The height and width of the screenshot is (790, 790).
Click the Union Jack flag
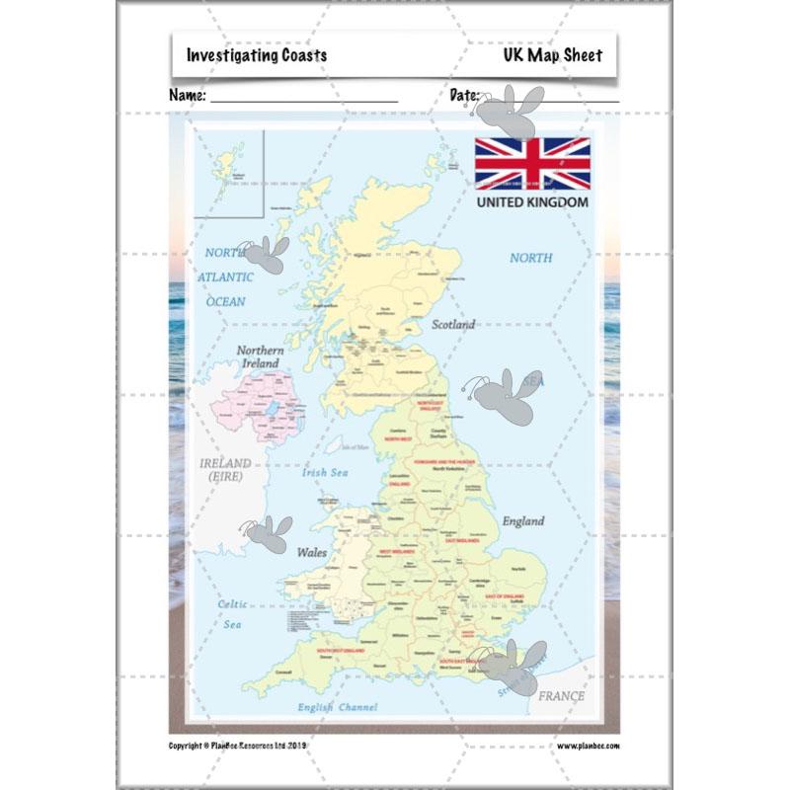pyautogui.click(x=532, y=163)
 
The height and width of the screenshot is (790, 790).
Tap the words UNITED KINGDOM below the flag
pyautogui.click(x=532, y=202)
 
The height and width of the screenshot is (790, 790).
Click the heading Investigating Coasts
pyautogui.click(x=257, y=56)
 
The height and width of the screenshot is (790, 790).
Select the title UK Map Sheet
pyautogui.click(x=551, y=56)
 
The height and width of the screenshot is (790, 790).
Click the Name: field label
pyautogui.click(x=188, y=96)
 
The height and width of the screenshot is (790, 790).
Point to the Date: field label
pyautogui.click(x=465, y=96)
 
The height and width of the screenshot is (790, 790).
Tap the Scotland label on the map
pyautogui.click(x=452, y=324)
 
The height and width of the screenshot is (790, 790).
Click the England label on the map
pyautogui.click(x=522, y=520)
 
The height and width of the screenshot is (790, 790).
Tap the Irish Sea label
pyautogui.click(x=325, y=473)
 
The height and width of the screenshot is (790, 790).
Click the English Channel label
pyautogui.click(x=338, y=708)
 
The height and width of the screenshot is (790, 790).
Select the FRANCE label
pyautogui.click(x=562, y=696)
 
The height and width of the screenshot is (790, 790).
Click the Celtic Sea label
pyautogui.click(x=233, y=613)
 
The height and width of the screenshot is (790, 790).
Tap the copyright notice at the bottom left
pyautogui.click(x=253, y=746)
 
